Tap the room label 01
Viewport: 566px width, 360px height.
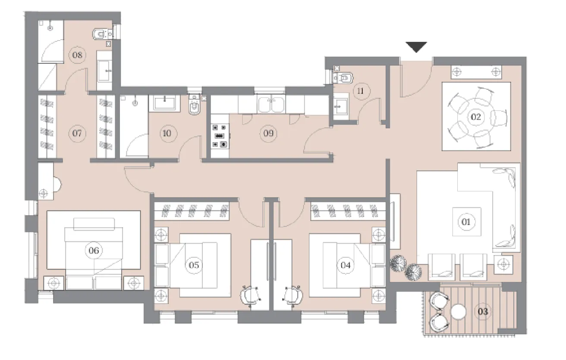(x=465, y=222)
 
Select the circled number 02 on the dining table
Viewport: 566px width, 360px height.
(x=476, y=116)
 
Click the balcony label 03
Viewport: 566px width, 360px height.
(x=483, y=310)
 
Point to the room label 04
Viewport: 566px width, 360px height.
(x=346, y=265)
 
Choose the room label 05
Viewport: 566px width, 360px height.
(x=194, y=265)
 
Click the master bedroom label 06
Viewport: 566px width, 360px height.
(x=94, y=250)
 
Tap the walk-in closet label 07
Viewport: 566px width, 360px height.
(x=77, y=133)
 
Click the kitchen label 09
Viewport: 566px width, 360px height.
(x=268, y=133)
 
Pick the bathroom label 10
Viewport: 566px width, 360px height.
(x=167, y=133)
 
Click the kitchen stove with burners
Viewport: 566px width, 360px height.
(x=219, y=136)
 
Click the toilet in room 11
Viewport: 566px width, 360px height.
(x=344, y=78)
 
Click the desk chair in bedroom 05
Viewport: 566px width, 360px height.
(x=251, y=296)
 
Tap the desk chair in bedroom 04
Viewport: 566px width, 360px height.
(x=293, y=296)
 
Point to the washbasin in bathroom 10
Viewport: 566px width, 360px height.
(x=164, y=103)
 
